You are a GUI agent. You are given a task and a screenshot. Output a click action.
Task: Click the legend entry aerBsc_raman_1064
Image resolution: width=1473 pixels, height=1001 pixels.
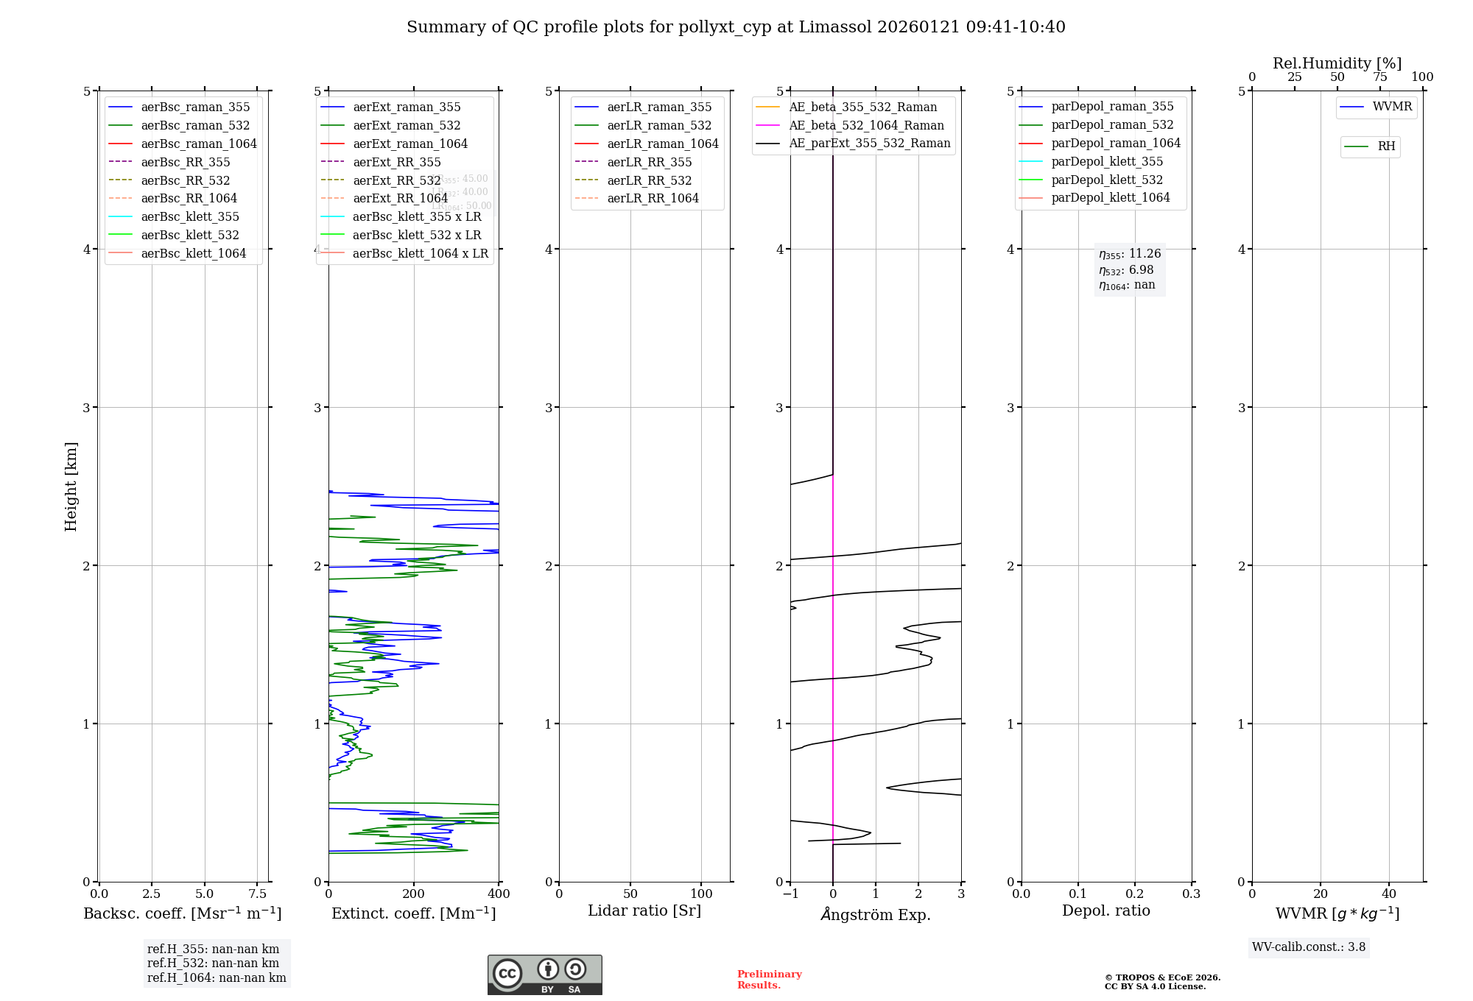click(x=199, y=144)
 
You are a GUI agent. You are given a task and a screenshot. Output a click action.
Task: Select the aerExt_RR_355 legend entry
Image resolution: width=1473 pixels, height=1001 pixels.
click(x=396, y=162)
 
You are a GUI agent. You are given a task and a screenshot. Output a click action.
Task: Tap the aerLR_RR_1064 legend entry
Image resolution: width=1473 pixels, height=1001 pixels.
click(x=653, y=198)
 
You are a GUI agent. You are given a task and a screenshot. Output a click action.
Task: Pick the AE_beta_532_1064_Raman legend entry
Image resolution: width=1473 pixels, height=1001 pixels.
click(x=866, y=125)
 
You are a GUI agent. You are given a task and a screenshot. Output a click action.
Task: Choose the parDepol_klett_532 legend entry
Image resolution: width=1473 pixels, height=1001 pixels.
click(x=1107, y=180)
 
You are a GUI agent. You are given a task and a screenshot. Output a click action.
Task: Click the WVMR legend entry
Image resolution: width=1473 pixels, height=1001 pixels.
click(x=1392, y=107)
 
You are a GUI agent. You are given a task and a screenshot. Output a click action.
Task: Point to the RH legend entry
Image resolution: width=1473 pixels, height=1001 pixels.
click(x=1386, y=146)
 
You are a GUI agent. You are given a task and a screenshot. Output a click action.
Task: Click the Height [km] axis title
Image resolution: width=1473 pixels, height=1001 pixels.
click(x=71, y=486)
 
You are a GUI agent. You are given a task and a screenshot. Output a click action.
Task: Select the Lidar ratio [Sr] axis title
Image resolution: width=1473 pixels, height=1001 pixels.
click(x=644, y=910)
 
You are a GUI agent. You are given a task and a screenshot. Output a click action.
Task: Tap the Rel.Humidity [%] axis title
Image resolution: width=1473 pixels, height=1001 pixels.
click(x=1337, y=63)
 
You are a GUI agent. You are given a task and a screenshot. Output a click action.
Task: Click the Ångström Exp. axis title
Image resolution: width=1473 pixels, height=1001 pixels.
click(x=876, y=914)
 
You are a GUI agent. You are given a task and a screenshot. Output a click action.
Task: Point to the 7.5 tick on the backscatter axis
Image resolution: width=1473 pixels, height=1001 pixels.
click(x=257, y=894)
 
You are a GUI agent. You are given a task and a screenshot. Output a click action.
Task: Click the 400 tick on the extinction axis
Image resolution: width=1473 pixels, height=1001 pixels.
click(x=499, y=894)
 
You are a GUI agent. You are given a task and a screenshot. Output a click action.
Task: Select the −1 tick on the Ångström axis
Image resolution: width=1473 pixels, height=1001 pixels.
click(x=790, y=894)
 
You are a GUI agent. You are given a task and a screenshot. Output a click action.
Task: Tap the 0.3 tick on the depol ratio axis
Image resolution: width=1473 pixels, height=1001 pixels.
click(x=1191, y=894)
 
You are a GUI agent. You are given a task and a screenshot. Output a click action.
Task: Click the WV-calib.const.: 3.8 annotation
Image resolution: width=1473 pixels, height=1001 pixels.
click(x=1309, y=947)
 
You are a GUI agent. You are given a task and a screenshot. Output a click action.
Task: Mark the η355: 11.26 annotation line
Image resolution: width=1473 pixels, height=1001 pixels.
click(x=1130, y=254)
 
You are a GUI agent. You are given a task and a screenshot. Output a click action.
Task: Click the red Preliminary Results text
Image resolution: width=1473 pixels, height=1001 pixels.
click(x=769, y=979)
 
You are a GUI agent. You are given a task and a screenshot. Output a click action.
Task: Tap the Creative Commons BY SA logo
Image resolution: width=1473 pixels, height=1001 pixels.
click(x=544, y=975)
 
